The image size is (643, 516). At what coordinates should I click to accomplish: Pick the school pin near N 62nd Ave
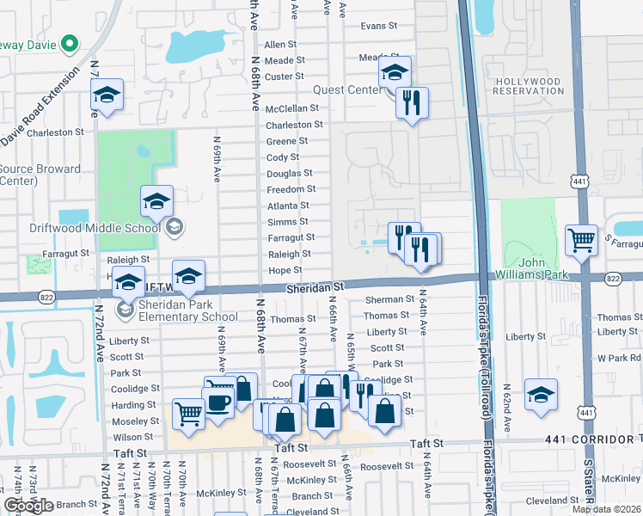tap(541, 394)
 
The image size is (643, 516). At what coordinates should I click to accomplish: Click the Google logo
tap(28, 506)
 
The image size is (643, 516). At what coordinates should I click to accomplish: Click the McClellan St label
tap(292, 109)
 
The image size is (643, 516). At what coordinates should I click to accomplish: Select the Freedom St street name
tap(291, 189)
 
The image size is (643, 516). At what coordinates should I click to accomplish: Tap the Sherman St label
tap(389, 299)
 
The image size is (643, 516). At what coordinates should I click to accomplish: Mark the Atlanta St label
tap(288, 206)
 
